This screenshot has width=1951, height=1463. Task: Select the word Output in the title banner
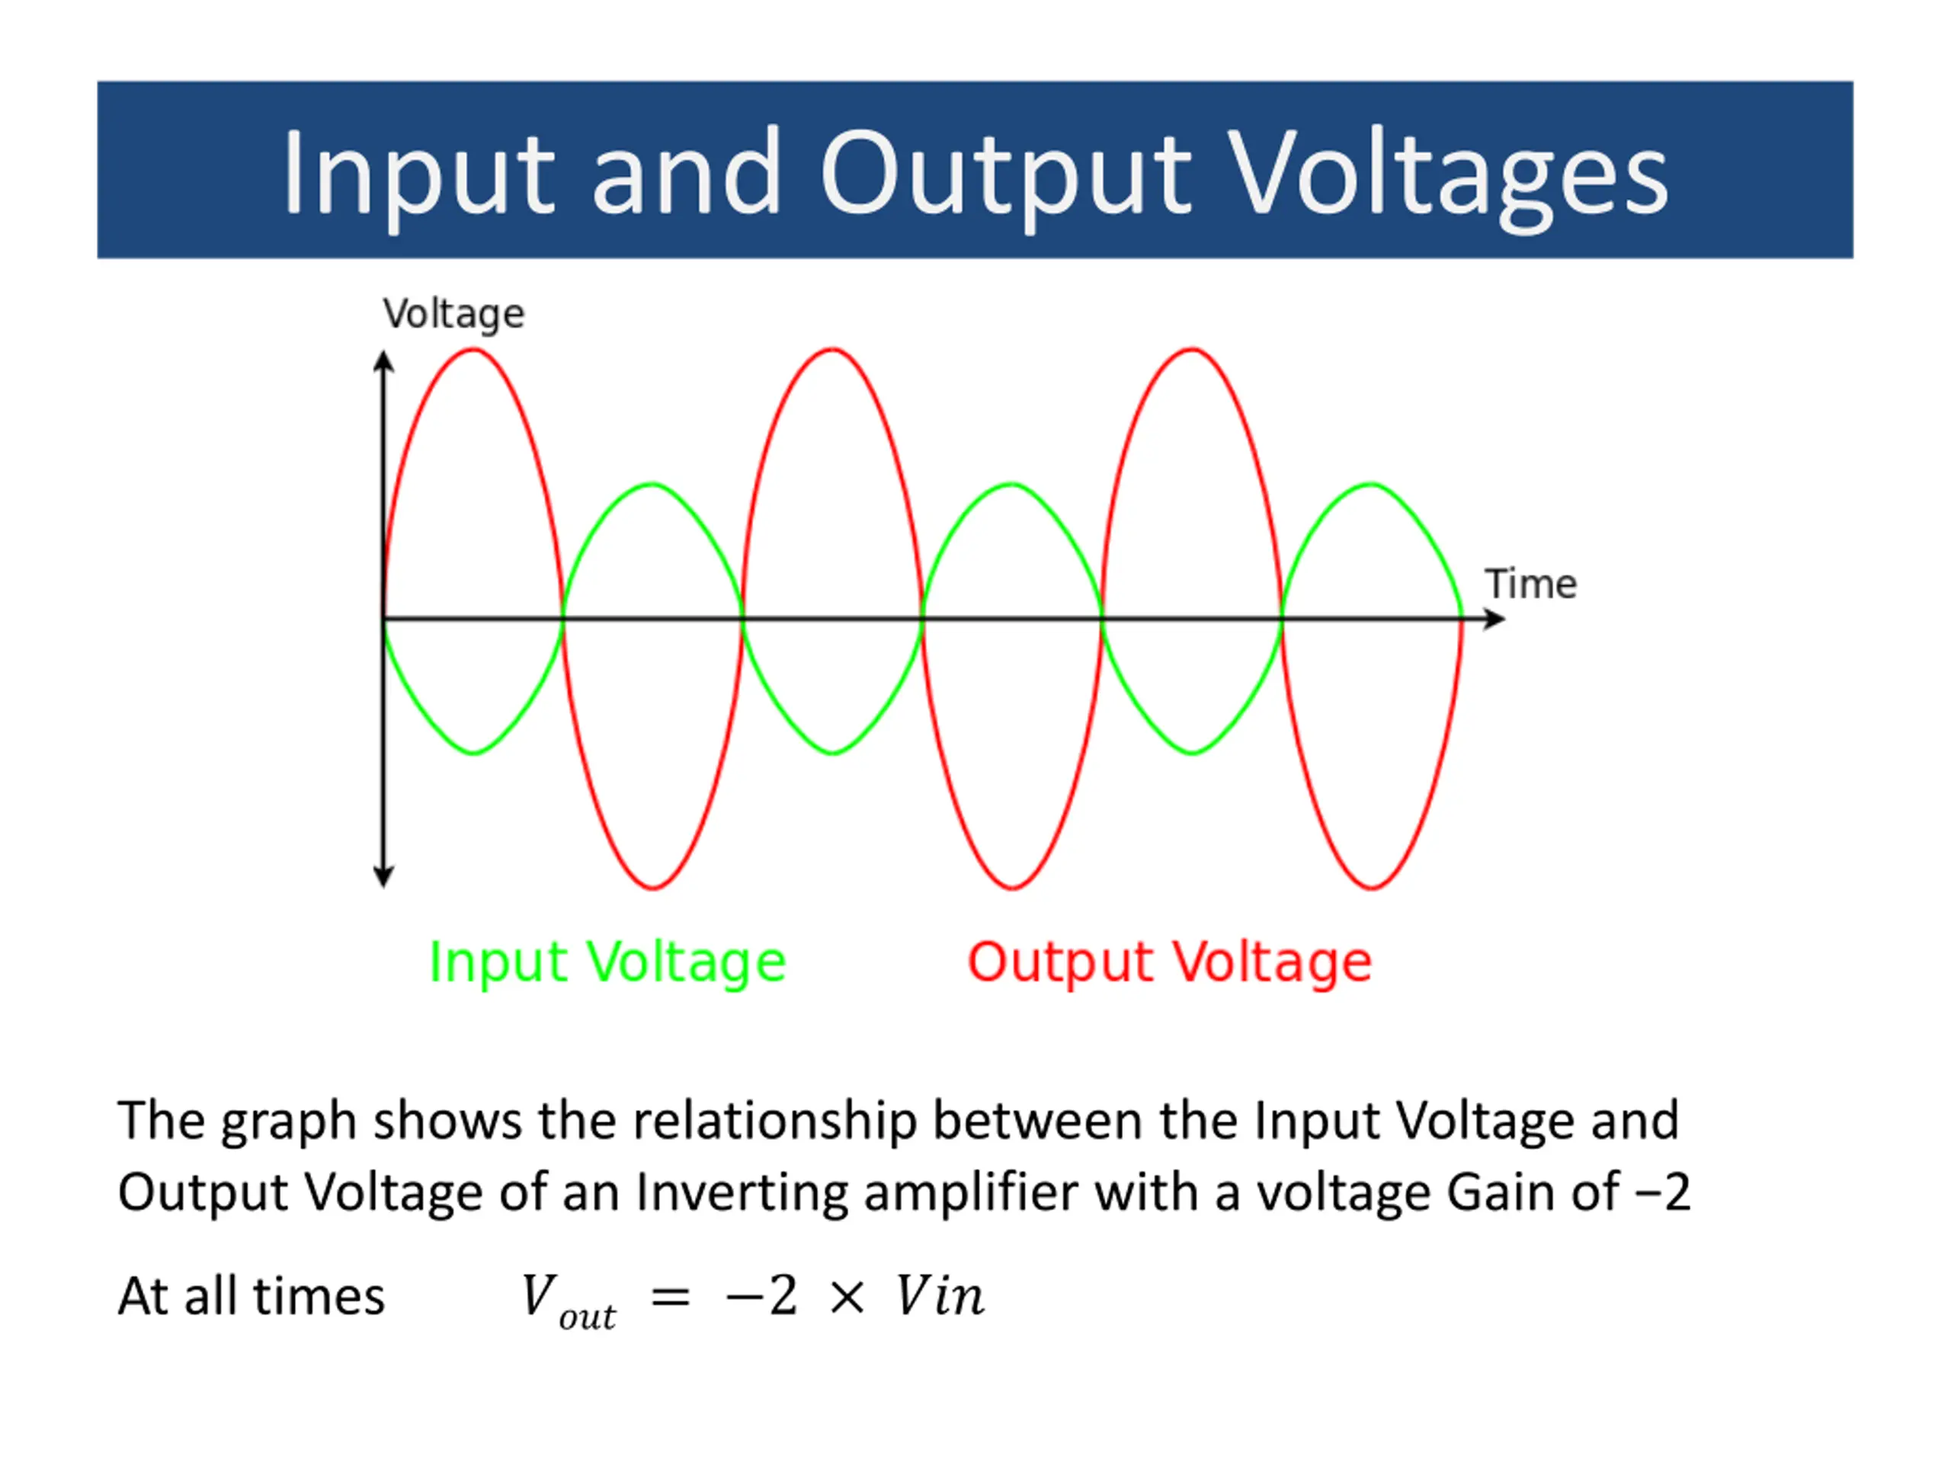[x=1005, y=173]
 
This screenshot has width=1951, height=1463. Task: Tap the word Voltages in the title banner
[x=1447, y=173]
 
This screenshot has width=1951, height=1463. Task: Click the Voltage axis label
[x=453, y=314]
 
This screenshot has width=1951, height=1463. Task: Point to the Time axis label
[x=1530, y=584]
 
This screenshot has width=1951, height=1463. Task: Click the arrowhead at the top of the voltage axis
[x=383, y=362]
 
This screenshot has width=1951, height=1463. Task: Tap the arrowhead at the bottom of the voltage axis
[x=383, y=876]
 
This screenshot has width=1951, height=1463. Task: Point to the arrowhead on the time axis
[x=1494, y=619]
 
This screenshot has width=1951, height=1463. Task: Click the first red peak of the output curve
[x=473, y=351]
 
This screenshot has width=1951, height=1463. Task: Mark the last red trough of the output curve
[x=1372, y=886]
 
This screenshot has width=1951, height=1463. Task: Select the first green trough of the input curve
[x=473, y=752]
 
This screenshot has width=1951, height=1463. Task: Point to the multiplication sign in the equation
[x=847, y=1298]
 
